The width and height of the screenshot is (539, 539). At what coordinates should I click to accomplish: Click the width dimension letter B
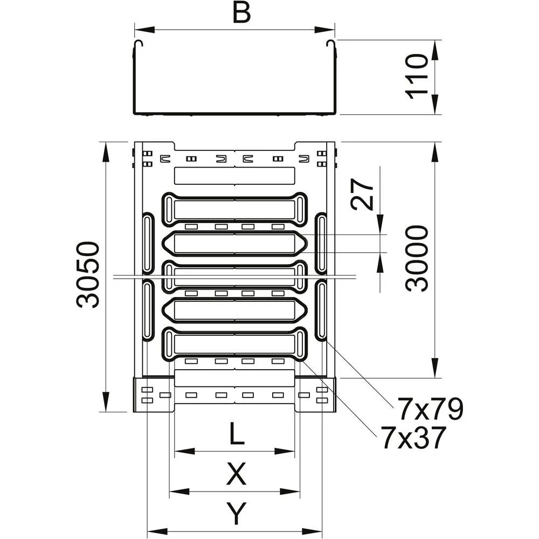click(x=242, y=13)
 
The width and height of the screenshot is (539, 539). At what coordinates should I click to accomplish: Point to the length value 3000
click(x=418, y=259)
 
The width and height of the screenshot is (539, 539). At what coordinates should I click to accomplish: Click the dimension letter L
click(x=234, y=434)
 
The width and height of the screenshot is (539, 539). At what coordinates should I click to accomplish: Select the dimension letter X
click(x=235, y=475)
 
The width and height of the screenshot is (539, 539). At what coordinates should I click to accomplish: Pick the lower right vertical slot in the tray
click(x=321, y=311)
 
